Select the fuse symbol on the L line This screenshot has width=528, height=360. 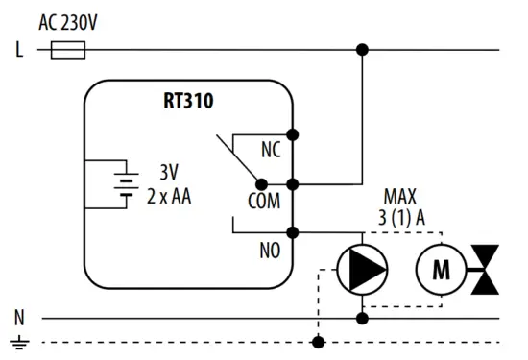point(64,49)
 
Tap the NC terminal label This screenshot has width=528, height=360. point(272,151)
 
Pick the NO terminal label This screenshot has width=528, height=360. point(272,251)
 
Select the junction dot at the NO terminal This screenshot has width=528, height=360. point(293,231)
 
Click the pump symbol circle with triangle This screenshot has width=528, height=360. point(362,270)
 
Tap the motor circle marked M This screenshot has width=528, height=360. point(440,270)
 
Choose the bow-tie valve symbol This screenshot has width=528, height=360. point(485,269)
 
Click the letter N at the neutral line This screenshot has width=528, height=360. point(19,315)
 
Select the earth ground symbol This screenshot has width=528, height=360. point(19,341)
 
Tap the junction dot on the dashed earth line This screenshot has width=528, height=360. point(318,341)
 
